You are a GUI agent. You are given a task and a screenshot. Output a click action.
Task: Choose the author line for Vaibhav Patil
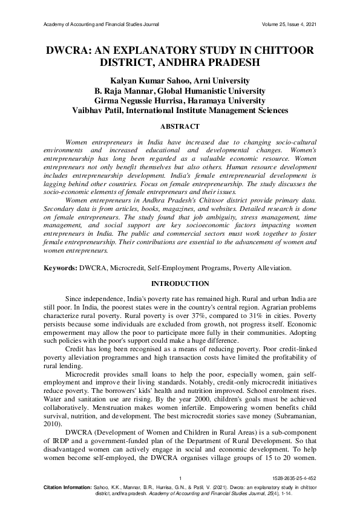[x=180, y=110]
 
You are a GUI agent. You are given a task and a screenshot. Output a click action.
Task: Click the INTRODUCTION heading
[x=180, y=284]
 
